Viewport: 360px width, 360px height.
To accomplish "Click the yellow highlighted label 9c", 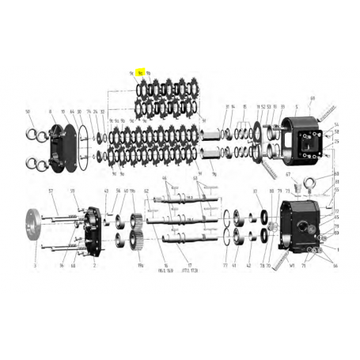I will click(140, 73).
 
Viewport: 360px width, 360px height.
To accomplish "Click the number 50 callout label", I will click(28, 112).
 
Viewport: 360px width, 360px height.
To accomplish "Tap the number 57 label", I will click(50, 191).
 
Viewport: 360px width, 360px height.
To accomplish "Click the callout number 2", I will click(94, 267).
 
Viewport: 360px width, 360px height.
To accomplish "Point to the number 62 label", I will click(146, 191).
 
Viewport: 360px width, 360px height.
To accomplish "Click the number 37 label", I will click(255, 191).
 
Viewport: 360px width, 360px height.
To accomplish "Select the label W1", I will click(292, 266).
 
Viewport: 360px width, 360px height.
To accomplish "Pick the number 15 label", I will click(244, 107).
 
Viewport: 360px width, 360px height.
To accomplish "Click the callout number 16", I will click(166, 267).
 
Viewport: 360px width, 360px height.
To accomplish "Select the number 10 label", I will click(63, 112).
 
